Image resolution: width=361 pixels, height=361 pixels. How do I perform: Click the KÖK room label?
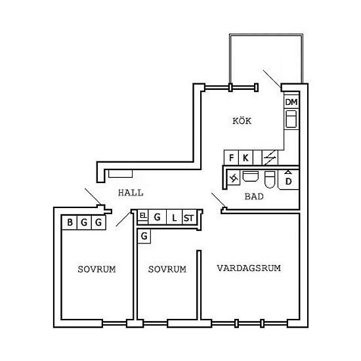click(x=242, y=121)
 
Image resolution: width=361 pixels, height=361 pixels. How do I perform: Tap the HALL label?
click(x=131, y=193)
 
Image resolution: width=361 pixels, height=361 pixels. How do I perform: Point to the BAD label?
click(x=254, y=196)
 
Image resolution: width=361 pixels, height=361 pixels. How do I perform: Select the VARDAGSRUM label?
click(x=249, y=268)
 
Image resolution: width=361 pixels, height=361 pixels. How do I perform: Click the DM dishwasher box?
click(x=291, y=102)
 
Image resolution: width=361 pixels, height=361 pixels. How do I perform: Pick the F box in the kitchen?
click(x=232, y=158)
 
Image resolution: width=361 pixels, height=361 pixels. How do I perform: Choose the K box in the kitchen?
click(x=245, y=158)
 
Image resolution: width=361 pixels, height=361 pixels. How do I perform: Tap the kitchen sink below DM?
click(x=291, y=119)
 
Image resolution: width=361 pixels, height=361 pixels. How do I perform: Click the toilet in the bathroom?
click(x=270, y=179)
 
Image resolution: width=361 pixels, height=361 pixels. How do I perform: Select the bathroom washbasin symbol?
click(x=251, y=176)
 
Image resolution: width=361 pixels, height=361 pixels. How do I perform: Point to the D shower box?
click(x=289, y=180)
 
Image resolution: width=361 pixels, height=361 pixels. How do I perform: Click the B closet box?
click(x=70, y=223)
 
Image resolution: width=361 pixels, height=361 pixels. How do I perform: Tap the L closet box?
click(x=175, y=217)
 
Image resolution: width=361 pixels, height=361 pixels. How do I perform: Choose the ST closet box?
click(x=189, y=217)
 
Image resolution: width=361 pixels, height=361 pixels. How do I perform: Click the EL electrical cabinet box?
click(x=143, y=215)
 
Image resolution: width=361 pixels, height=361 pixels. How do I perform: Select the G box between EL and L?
click(x=158, y=217)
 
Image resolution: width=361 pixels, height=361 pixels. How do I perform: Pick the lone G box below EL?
click(x=144, y=236)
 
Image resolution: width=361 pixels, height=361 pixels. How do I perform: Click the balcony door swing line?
click(x=272, y=79)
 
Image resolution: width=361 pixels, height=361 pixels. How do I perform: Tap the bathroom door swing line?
click(x=219, y=200)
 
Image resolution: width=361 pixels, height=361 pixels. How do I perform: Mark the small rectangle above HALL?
click(x=120, y=174)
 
